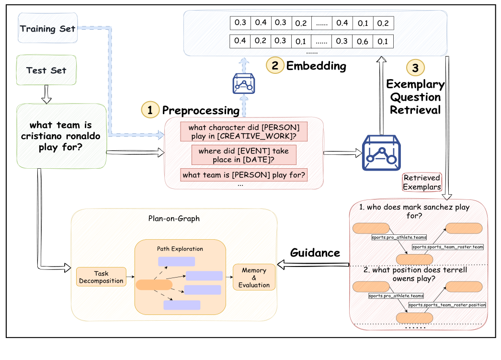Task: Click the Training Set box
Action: tap(47, 29)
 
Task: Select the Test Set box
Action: tap(46, 70)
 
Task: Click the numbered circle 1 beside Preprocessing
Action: tap(150, 110)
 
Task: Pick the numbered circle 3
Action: tap(415, 69)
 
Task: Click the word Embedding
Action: tap(316, 66)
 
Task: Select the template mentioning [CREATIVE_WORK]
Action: tap(243, 132)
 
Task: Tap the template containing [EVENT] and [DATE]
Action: tap(244, 155)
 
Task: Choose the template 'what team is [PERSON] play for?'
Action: tap(244, 175)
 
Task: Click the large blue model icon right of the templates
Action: tap(381, 153)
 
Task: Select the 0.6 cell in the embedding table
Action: tap(363, 42)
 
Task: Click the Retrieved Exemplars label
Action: tap(422, 183)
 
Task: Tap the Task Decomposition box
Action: tap(101, 277)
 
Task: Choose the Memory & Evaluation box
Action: tap(254, 278)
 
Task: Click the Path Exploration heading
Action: tap(180, 249)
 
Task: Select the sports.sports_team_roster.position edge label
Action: tap(447, 305)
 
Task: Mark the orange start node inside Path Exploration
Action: tap(154, 285)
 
